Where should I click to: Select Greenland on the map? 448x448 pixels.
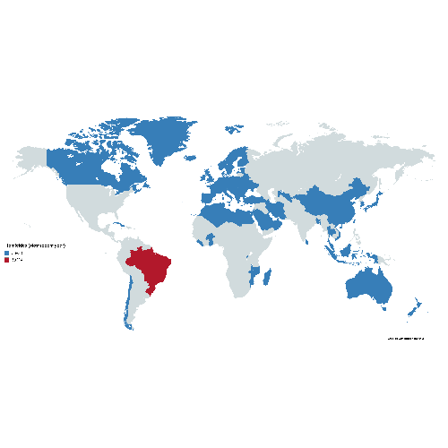(166, 139)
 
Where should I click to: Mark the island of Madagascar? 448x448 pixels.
(268, 278)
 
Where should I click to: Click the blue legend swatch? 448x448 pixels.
(7, 254)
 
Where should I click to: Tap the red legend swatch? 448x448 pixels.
(7, 260)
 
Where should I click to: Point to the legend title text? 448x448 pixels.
(36, 246)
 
